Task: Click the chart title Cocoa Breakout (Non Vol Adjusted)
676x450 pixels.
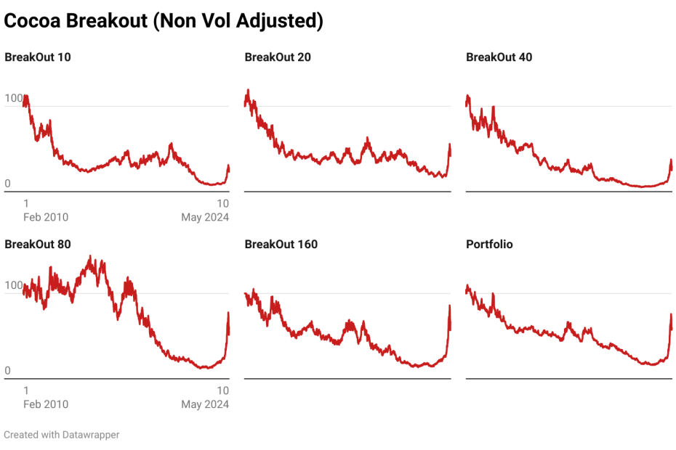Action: [164, 21]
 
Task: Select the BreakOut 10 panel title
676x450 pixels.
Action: [38, 57]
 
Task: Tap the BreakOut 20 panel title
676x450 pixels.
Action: [278, 57]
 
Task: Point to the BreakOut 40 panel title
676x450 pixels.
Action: [499, 57]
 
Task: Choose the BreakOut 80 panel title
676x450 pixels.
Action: [38, 244]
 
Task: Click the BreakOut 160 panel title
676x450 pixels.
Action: [281, 244]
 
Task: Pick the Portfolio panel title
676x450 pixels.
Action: [489, 244]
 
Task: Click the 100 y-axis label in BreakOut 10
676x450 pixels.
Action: [13, 99]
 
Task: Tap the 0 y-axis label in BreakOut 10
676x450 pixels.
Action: [8, 184]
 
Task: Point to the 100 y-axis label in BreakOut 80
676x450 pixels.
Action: [13, 286]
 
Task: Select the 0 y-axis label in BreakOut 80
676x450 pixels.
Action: [8, 371]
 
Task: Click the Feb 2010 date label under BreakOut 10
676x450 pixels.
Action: [46, 217]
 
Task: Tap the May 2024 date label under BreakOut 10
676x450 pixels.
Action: [205, 217]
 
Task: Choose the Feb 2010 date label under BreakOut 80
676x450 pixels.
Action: [46, 404]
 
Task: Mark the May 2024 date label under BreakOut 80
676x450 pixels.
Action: [205, 404]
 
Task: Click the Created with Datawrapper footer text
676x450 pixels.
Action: [62, 435]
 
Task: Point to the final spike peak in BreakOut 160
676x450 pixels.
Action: [450, 306]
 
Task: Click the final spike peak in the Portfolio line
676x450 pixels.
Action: [671, 315]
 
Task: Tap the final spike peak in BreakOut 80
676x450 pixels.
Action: [228, 313]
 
